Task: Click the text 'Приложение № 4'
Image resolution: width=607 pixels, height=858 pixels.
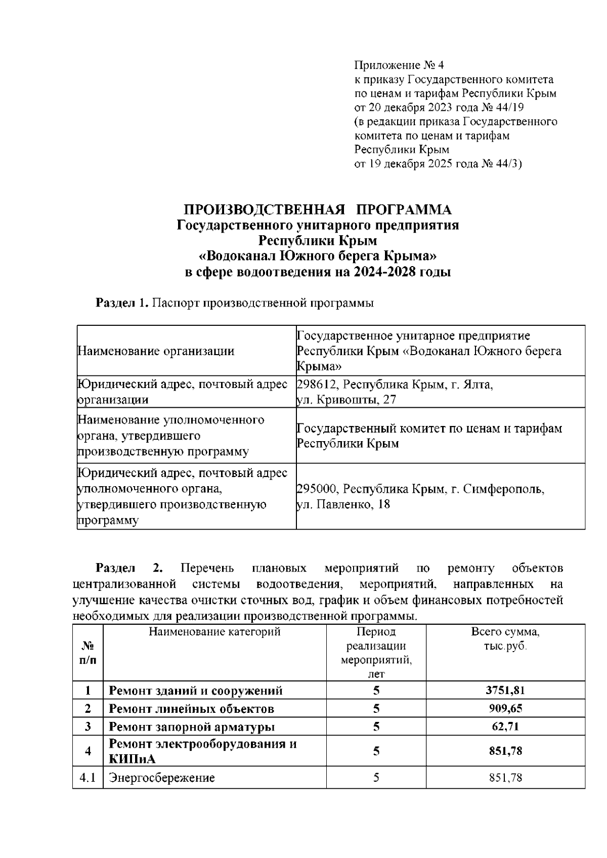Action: (x=399, y=65)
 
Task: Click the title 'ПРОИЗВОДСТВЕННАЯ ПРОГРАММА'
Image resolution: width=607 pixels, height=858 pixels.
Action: (x=318, y=209)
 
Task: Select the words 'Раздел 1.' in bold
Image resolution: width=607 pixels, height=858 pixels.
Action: (x=122, y=303)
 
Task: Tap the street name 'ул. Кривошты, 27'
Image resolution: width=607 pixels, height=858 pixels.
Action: (x=346, y=400)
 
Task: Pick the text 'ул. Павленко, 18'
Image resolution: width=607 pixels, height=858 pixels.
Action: (x=343, y=504)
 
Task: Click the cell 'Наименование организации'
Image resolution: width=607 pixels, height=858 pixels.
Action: (x=156, y=351)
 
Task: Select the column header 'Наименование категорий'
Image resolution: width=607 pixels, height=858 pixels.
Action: (x=214, y=631)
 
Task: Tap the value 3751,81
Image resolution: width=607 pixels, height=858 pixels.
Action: (x=505, y=691)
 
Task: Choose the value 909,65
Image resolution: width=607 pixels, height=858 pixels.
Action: (x=505, y=708)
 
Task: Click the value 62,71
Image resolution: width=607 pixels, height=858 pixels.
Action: (x=505, y=727)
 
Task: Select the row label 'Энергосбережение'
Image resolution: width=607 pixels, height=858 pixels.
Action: (x=162, y=778)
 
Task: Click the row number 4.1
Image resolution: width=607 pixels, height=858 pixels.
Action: (x=88, y=778)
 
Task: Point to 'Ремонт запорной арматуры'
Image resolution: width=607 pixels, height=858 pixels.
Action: (x=192, y=727)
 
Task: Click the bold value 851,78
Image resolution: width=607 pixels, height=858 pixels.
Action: (x=505, y=751)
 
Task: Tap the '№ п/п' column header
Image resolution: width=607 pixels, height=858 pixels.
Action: (x=88, y=653)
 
